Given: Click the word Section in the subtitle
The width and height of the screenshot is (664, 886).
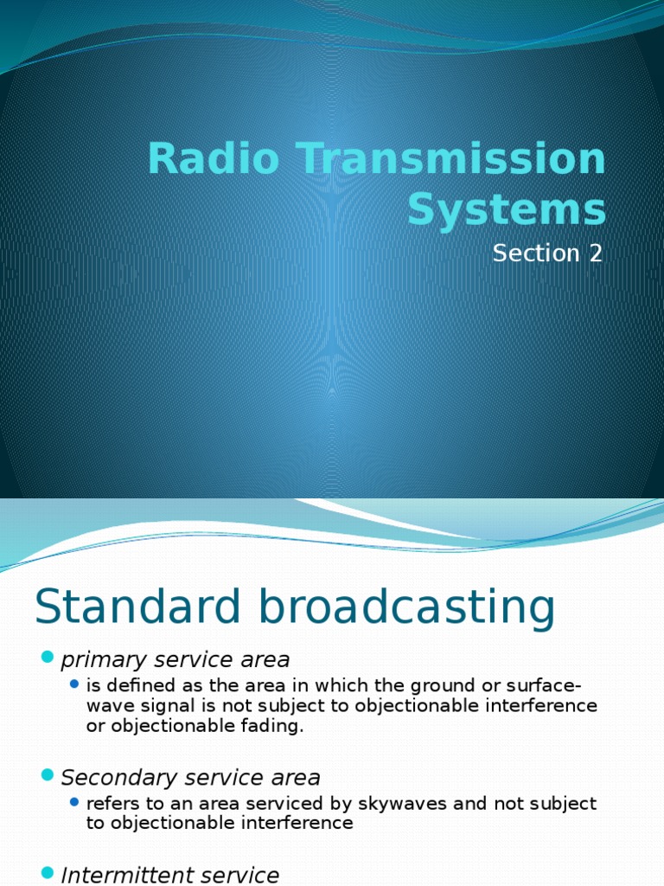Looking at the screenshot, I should click(x=533, y=254).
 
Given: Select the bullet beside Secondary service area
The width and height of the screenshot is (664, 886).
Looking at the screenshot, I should click(x=47, y=776).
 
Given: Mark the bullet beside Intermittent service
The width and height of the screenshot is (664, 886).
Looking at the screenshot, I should click(x=47, y=873).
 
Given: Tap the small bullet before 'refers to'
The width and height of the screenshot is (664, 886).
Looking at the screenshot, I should click(x=75, y=803).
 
